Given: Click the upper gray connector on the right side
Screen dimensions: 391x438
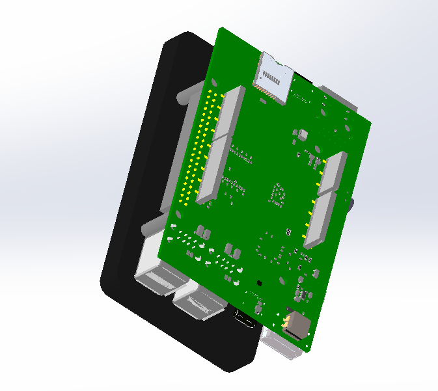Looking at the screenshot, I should pos(333,173).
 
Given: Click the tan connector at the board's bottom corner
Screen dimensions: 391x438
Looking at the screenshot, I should pos(298,323).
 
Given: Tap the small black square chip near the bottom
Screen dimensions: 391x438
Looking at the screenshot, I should pos(260,283).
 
